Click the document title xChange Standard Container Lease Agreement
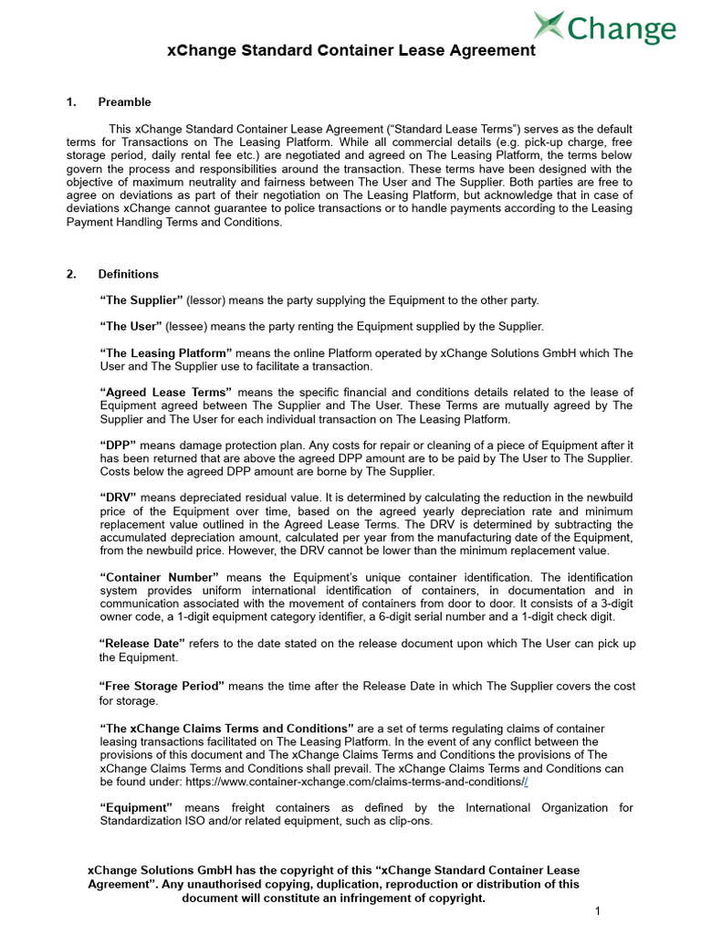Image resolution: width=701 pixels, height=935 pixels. click(351, 51)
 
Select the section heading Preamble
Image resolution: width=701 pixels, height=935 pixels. click(125, 102)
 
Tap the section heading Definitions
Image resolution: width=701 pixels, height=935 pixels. click(128, 274)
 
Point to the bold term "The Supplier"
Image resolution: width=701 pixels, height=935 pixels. click(141, 300)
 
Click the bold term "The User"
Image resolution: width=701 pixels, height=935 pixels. click(131, 327)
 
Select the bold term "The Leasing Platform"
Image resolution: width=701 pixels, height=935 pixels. click(166, 353)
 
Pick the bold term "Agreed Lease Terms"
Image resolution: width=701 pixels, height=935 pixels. click(165, 393)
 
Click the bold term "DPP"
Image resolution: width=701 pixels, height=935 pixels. click(119, 445)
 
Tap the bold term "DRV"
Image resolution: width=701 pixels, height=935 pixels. click(119, 498)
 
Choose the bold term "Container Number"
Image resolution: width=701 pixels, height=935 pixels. click(160, 577)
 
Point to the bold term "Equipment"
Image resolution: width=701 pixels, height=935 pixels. click(136, 808)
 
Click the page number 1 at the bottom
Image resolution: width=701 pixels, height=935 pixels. click(596, 911)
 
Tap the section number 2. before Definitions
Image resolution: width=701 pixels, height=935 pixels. click(72, 274)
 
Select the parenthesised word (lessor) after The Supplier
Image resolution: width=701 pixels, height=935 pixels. click(206, 300)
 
